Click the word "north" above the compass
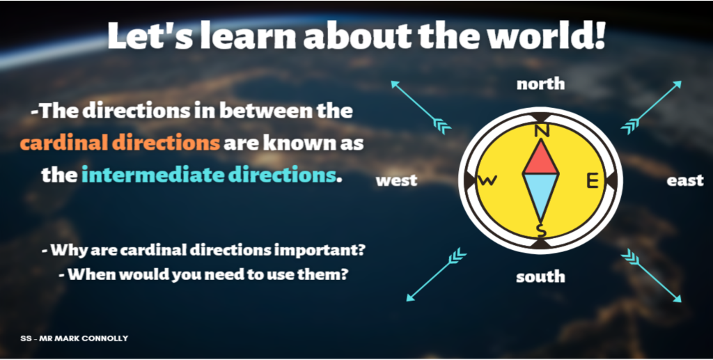(x=540, y=84)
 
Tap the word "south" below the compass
(x=540, y=276)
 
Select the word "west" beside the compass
(x=396, y=180)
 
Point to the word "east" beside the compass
(x=685, y=180)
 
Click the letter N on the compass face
(x=540, y=131)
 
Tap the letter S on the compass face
(x=540, y=230)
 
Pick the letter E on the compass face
(x=593, y=181)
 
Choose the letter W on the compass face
(x=487, y=181)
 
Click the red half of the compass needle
(x=540, y=159)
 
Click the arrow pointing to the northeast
(x=651, y=107)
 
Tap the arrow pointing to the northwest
(x=421, y=107)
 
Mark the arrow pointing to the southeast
(x=651, y=275)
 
